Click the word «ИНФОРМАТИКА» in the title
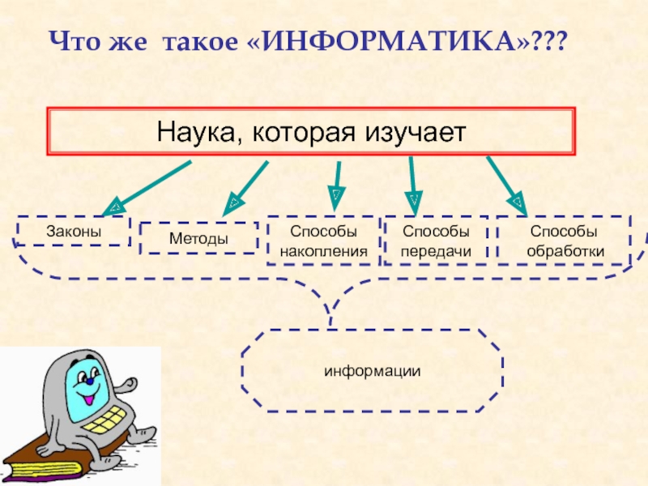coord(389,42)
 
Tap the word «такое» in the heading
coord(200,42)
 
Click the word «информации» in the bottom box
coord(373,371)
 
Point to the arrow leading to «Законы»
coord(147,188)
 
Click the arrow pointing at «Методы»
coord(245,189)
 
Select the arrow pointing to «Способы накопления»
coord(337,186)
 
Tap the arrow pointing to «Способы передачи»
coord(413,186)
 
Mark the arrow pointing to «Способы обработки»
coord(507,186)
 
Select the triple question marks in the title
coord(548,42)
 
